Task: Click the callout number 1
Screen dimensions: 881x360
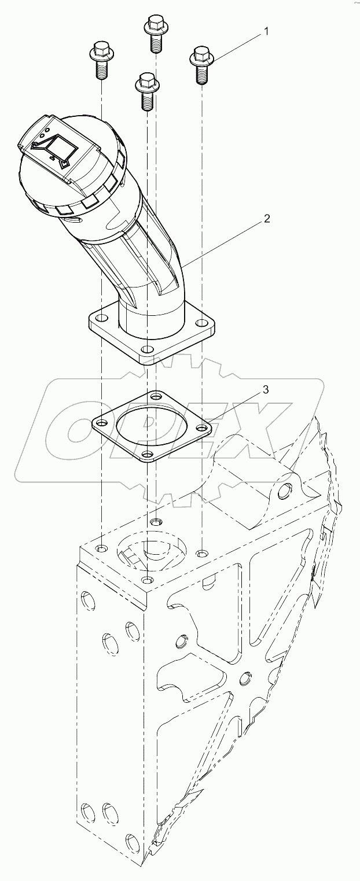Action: pyautogui.click(x=266, y=32)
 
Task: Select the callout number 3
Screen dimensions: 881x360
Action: pyautogui.click(x=265, y=389)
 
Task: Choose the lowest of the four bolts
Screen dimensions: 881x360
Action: pyautogui.click(x=145, y=90)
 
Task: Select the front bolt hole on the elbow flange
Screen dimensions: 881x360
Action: pyautogui.click(x=148, y=351)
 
